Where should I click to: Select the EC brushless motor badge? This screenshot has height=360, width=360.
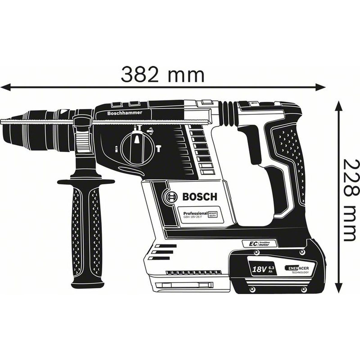pos(260,244)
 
